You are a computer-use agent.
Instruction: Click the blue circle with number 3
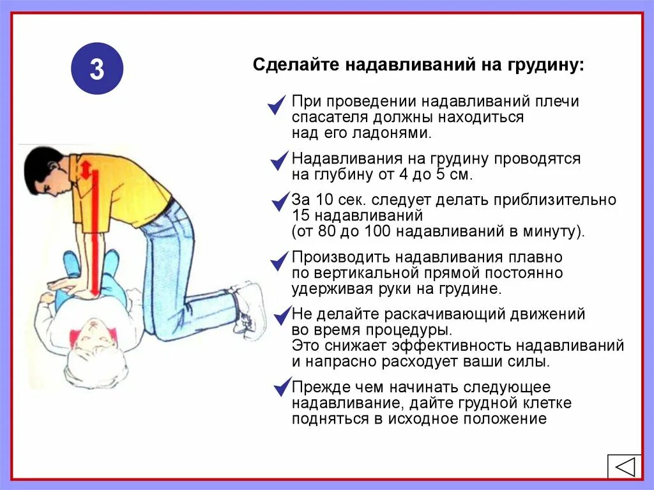point(96,68)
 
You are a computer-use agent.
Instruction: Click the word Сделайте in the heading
point(285,65)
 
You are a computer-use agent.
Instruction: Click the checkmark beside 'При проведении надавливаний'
point(277,105)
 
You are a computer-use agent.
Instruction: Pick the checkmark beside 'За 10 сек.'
point(280,202)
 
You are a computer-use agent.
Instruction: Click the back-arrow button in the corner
point(623,466)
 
